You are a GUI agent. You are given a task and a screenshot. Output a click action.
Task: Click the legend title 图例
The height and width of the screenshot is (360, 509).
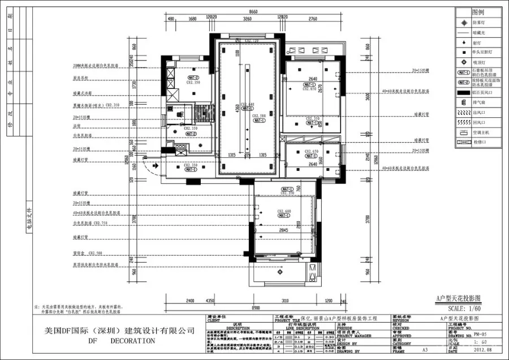(x=478, y=12)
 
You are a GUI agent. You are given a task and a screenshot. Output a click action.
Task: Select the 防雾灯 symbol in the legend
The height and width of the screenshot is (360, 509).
(x=463, y=23)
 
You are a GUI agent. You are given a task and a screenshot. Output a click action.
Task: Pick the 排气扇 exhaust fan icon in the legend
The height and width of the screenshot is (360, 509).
(x=463, y=102)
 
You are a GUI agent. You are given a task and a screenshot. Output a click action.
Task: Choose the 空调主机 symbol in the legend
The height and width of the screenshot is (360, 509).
(x=463, y=132)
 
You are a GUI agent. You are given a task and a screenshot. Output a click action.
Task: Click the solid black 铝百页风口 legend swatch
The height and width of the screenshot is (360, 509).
(x=463, y=92)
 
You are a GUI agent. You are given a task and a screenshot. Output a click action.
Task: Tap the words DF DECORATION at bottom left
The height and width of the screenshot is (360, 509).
(x=121, y=341)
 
